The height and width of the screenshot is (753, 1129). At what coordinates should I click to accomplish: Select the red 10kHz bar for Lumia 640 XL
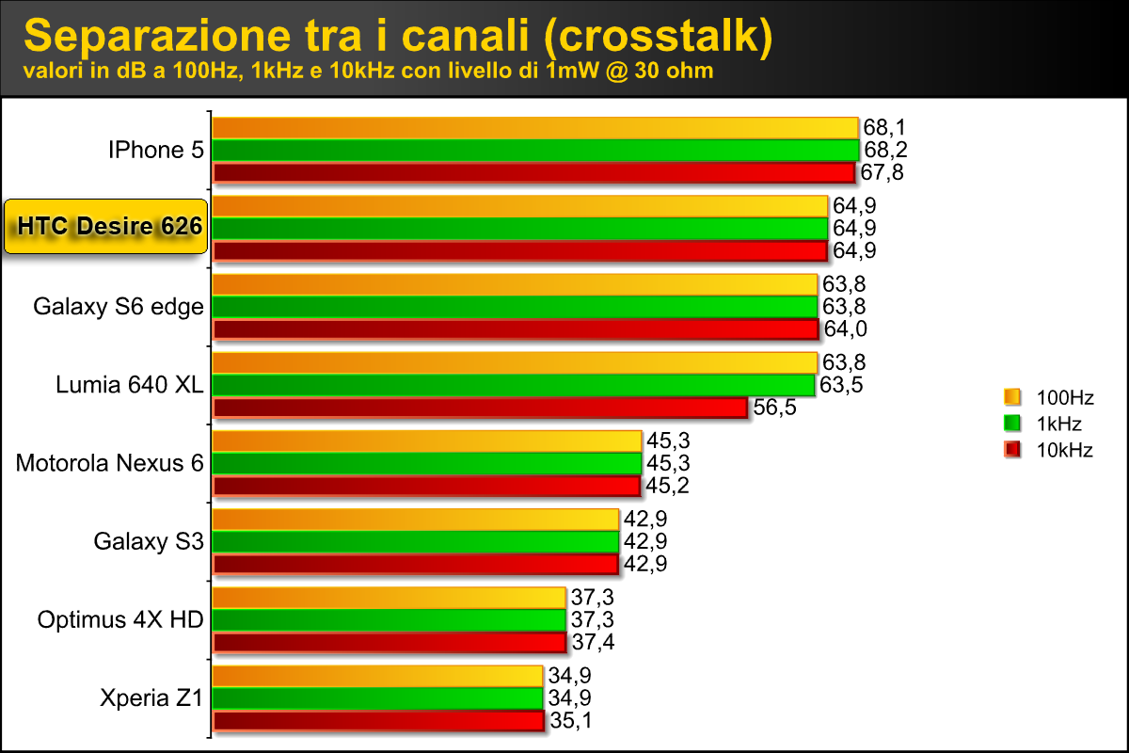click(481, 408)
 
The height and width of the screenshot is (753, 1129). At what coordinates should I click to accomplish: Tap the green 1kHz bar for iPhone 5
click(535, 151)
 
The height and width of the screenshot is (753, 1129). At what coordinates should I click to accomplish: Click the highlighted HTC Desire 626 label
click(105, 227)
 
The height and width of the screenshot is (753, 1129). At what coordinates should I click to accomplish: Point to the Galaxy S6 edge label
click(119, 307)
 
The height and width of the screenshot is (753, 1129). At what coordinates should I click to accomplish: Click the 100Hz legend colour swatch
click(1012, 396)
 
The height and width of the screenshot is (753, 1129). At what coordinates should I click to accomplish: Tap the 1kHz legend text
click(1059, 424)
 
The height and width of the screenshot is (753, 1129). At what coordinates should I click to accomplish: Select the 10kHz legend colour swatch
click(1012, 450)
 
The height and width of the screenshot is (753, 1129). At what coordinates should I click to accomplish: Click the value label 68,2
click(885, 151)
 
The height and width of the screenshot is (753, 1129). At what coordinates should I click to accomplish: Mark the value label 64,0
click(845, 328)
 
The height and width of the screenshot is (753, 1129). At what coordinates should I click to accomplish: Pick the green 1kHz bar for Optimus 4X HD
click(390, 619)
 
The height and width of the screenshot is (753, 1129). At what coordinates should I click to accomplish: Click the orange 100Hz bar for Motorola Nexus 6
click(427, 441)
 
